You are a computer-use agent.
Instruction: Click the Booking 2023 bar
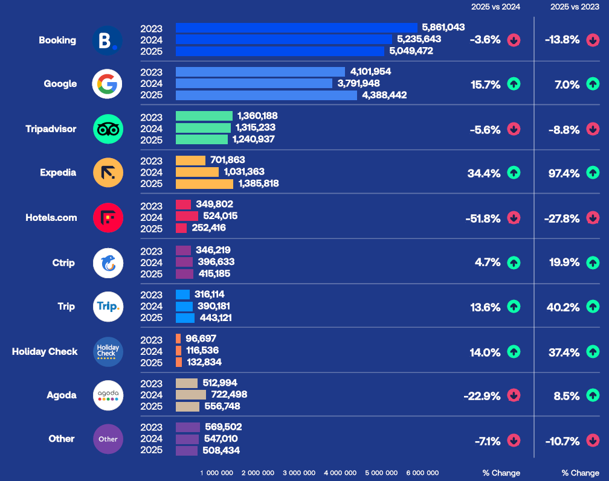tap(296, 28)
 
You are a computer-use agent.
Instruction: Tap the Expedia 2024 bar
tap(197, 172)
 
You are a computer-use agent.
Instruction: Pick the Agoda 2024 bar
tap(191, 395)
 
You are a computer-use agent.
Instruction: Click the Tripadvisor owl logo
tap(108, 129)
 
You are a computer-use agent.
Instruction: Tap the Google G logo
tap(108, 84)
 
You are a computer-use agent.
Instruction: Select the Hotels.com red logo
tap(108, 217)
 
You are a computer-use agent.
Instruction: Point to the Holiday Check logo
tap(108, 352)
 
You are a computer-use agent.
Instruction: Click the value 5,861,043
tap(443, 28)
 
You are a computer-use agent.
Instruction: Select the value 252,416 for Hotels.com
tap(213, 228)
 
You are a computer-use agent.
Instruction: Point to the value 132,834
tap(204, 362)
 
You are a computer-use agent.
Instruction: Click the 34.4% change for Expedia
tap(484, 173)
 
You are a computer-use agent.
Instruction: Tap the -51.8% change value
tap(483, 218)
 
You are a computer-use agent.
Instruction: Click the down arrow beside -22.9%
tap(514, 396)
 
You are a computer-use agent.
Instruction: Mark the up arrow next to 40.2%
tap(593, 307)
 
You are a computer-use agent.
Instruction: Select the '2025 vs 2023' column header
tap(575, 7)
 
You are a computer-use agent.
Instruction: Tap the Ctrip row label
tap(63, 263)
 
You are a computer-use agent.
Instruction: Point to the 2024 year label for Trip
tap(151, 306)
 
